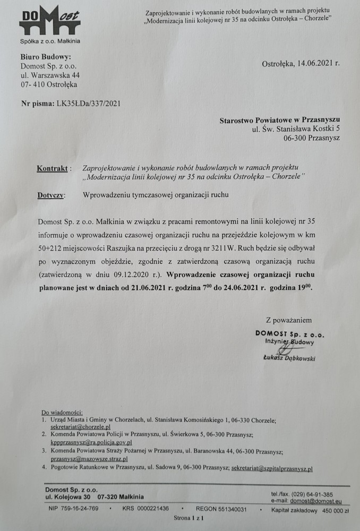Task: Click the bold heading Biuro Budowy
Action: [45, 57]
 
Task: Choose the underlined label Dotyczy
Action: [52, 195]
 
